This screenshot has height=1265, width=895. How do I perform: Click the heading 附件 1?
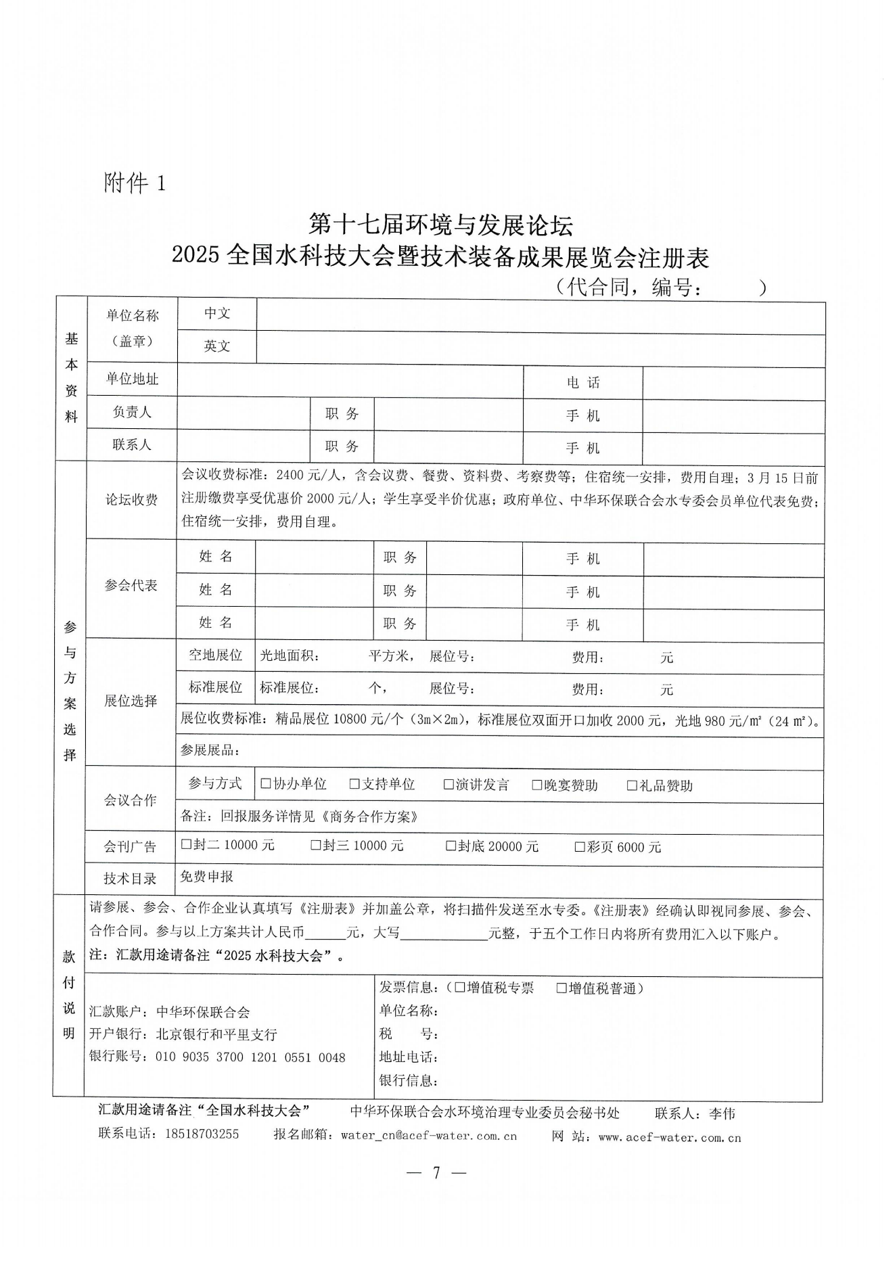click(x=134, y=183)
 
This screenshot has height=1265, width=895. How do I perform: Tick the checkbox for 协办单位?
click(x=266, y=784)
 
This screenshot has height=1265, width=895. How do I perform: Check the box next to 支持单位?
click(x=354, y=784)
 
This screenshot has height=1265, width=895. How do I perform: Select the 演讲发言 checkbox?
click(x=449, y=785)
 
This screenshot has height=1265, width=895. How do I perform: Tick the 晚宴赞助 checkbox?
click(x=537, y=785)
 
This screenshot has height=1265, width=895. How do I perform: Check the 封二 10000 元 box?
click(x=187, y=845)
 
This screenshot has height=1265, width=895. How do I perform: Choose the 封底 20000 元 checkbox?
click(x=451, y=846)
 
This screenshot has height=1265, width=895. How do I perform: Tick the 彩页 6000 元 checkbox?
click(x=580, y=847)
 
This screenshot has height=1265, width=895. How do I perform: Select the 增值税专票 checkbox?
click(x=460, y=988)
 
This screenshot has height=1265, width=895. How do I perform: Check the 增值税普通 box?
click(x=561, y=988)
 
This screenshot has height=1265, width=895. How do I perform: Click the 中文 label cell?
click(x=217, y=313)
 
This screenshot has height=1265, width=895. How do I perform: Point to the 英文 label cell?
click(x=217, y=346)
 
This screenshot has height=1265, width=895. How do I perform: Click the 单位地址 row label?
click(x=132, y=379)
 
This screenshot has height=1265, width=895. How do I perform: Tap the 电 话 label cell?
click(x=583, y=383)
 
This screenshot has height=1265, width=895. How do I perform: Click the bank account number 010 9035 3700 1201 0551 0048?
click(x=250, y=1057)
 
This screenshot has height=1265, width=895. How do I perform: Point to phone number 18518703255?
click(x=202, y=1134)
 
